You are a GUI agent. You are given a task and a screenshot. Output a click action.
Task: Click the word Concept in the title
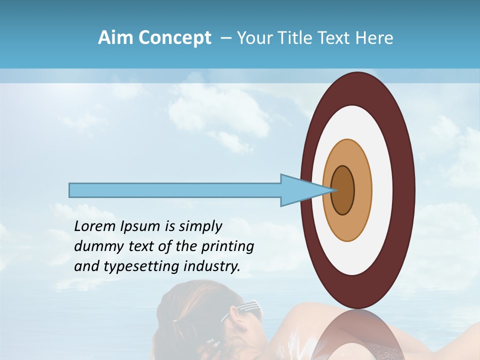click(174, 38)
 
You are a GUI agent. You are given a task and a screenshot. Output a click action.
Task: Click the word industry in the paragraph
click(213, 266)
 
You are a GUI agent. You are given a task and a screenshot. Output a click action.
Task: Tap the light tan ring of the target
click(362, 190)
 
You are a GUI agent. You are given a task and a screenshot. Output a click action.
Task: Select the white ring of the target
click(382, 190)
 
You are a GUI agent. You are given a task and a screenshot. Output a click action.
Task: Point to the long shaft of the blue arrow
click(175, 190)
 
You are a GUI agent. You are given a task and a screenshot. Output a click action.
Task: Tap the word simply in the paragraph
click(200, 227)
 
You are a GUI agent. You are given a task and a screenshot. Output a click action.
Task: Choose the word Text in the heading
click(336, 38)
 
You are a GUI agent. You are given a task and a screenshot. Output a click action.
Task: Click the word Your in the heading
click(255, 38)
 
